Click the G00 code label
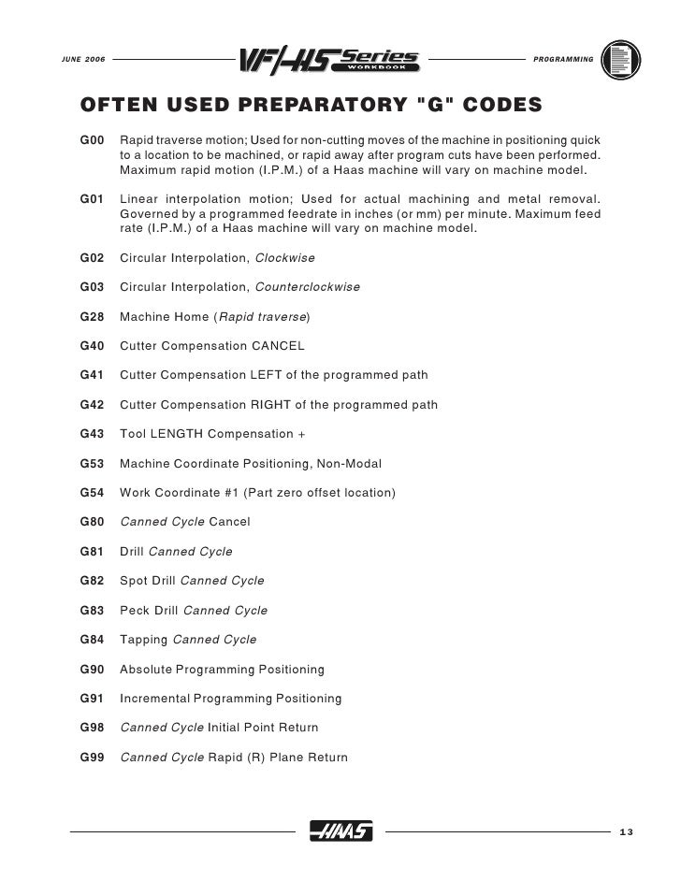point(92,139)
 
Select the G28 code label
point(92,317)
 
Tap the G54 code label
point(92,492)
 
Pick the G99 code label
point(92,757)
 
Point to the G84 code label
point(92,640)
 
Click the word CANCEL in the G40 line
point(279,346)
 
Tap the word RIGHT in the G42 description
point(272,405)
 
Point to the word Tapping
point(144,640)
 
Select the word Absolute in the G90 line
point(149,670)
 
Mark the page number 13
point(626,833)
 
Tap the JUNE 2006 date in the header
point(82,60)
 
